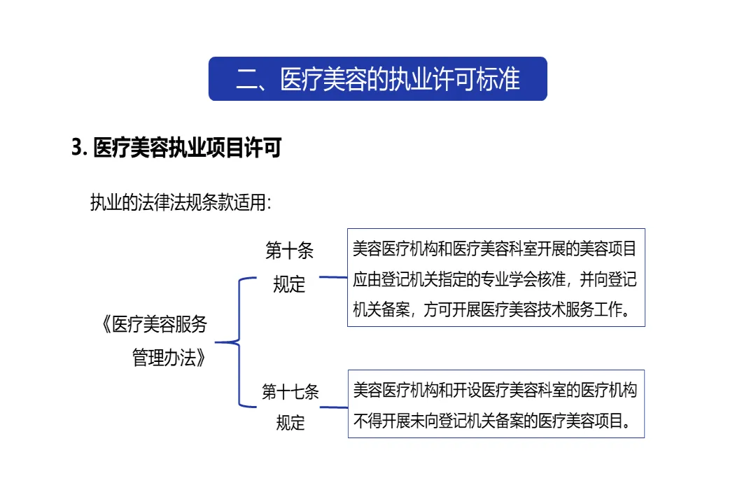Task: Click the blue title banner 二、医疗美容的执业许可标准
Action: (x=377, y=79)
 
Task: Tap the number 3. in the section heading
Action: (x=79, y=149)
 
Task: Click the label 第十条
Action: (x=289, y=250)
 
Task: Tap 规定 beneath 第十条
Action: (x=289, y=284)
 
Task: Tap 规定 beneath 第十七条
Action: (x=290, y=422)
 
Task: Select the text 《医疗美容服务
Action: (x=153, y=325)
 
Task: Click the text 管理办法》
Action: (x=169, y=358)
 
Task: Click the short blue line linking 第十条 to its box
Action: (x=333, y=277)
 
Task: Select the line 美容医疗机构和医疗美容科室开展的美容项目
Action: (x=495, y=248)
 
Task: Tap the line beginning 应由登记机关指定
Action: (x=495, y=279)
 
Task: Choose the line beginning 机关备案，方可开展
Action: (x=490, y=310)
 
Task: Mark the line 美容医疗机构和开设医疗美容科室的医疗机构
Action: (x=495, y=390)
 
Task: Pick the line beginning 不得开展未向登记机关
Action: (x=490, y=421)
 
